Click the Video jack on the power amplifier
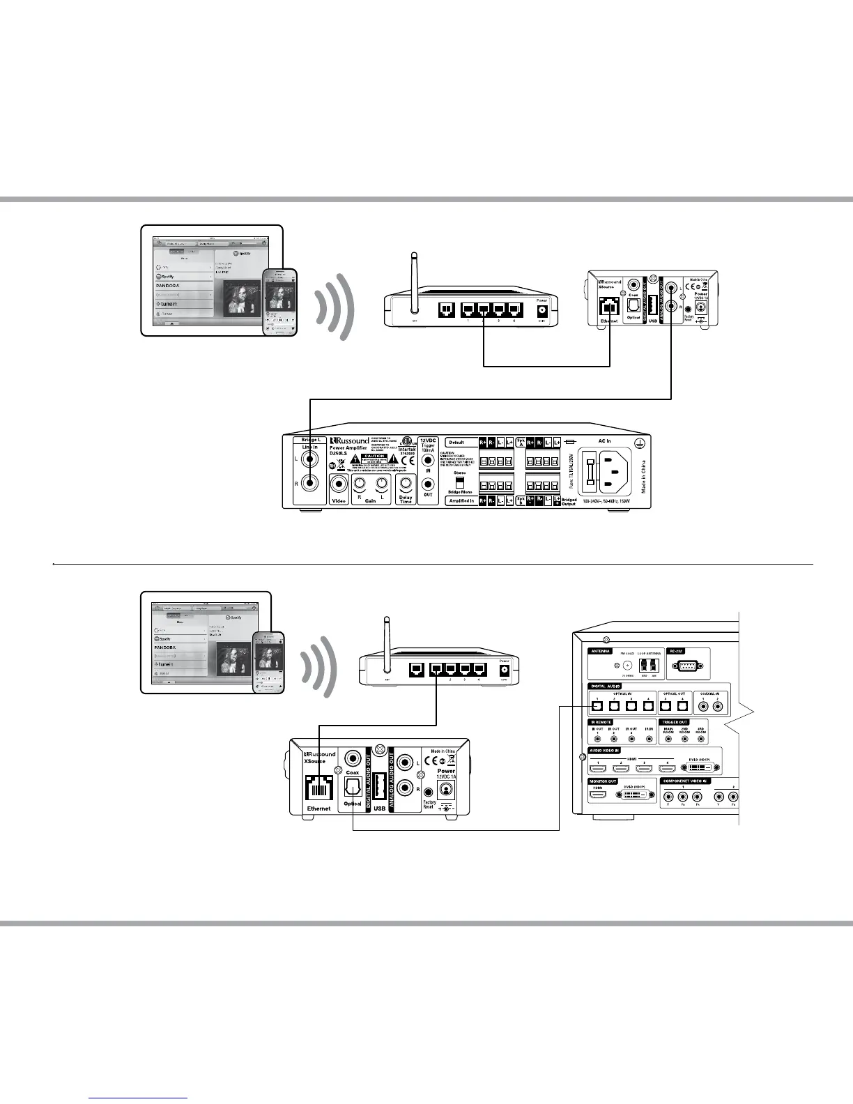pos(339,484)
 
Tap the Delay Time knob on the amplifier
pos(405,484)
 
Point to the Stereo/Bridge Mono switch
pos(459,482)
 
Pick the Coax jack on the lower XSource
pos(353,758)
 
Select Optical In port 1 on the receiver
pos(597,705)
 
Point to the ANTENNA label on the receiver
pos(600,651)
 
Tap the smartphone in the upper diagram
pos(279,302)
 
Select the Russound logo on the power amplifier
pos(351,440)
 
